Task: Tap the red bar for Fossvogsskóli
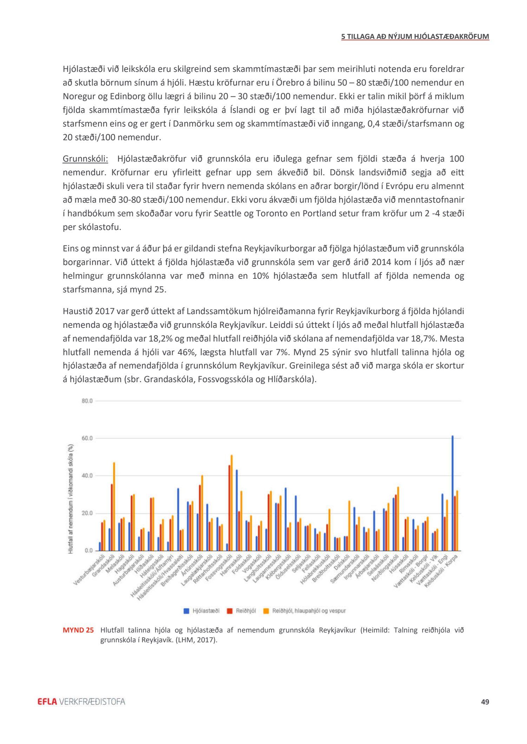pos(229,508)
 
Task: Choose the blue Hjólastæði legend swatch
pos(186,610)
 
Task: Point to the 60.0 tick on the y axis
pos(87,438)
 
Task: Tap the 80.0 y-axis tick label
pos(87,401)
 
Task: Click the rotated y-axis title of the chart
pos(71,499)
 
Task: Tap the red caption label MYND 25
pos(78,630)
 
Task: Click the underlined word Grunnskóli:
pos(85,159)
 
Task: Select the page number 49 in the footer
pos(485,702)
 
